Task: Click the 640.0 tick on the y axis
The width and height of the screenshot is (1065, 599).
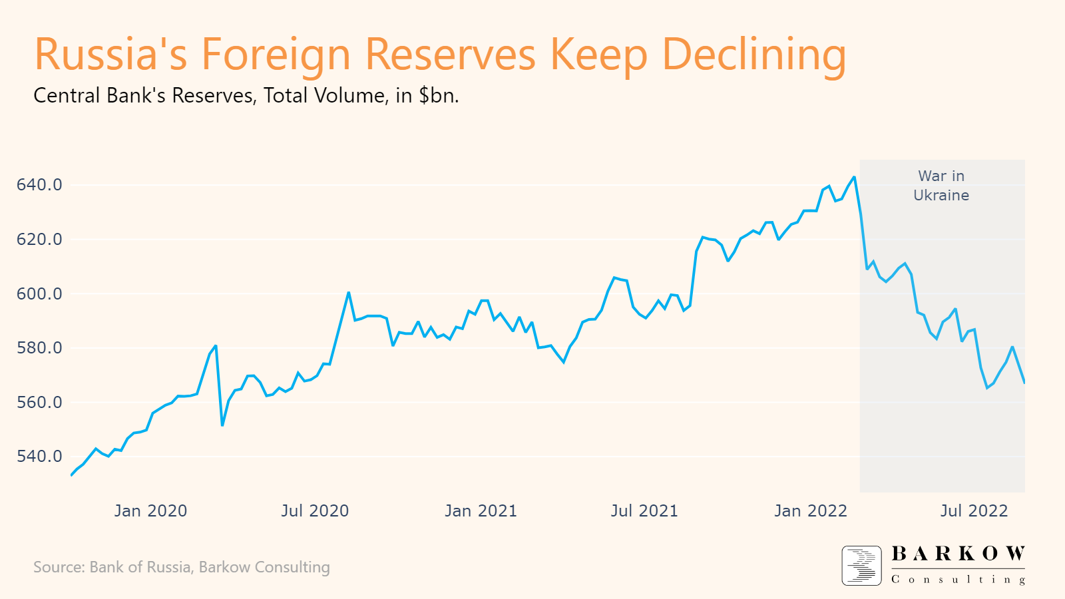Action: (x=39, y=185)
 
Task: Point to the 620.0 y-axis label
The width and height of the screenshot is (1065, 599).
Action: (x=39, y=240)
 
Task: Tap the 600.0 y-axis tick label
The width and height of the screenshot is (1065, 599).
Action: (x=39, y=294)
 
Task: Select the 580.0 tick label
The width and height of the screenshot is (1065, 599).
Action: (x=39, y=348)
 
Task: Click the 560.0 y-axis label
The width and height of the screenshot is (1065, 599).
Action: (x=39, y=403)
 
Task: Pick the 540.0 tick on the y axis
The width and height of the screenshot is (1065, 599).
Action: (x=39, y=457)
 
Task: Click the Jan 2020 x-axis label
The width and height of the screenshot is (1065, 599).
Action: (x=150, y=511)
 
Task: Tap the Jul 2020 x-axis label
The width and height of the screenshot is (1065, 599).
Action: (x=315, y=511)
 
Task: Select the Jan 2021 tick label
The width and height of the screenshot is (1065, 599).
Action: (x=481, y=511)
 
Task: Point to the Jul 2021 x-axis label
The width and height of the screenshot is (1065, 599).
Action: (x=644, y=511)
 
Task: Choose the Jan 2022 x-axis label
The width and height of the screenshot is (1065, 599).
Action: (x=811, y=511)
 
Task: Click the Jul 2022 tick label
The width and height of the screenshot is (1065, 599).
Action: (x=974, y=511)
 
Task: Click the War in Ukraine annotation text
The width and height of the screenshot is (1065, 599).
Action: (x=941, y=186)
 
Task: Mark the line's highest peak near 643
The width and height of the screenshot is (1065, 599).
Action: (x=854, y=177)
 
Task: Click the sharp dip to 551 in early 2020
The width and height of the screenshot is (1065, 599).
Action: (x=222, y=425)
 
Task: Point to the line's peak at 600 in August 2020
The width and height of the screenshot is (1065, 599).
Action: (x=348, y=293)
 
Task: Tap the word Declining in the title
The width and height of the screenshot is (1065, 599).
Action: (x=754, y=55)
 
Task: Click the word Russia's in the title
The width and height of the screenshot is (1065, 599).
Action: (x=110, y=55)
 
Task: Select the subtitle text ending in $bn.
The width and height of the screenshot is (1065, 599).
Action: (x=246, y=96)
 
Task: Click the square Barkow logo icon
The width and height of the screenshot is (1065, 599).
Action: (x=861, y=566)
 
